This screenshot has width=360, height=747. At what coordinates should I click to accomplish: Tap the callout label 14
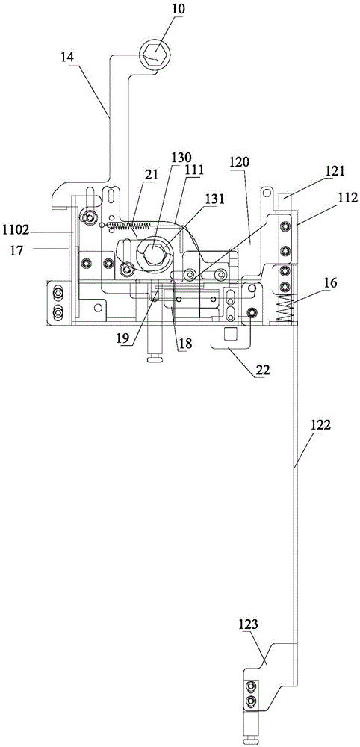[67, 58]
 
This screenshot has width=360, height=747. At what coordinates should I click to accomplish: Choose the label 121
[335, 170]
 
